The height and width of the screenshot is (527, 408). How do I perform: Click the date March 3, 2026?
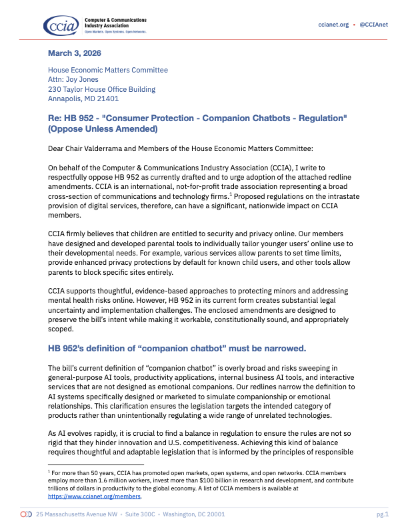[x=74, y=53]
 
